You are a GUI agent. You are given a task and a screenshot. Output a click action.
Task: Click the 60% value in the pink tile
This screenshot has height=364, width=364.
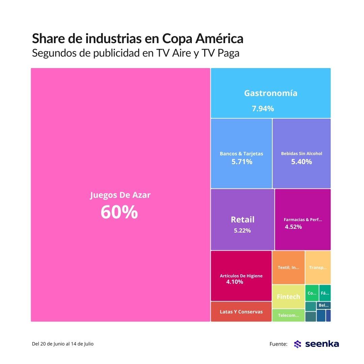(119, 212)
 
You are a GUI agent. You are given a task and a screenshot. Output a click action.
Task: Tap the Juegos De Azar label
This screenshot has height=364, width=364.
(120, 195)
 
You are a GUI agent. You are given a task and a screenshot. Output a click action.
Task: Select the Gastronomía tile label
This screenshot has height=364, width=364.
(271, 93)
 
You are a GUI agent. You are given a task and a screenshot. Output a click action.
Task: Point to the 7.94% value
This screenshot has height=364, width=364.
(263, 109)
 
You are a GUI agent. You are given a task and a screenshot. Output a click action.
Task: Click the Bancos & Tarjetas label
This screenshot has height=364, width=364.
(241, 153)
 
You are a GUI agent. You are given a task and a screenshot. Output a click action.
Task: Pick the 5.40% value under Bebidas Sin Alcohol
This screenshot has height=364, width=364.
(302, 162)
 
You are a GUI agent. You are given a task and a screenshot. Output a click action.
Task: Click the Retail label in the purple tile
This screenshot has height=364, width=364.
(243, 219)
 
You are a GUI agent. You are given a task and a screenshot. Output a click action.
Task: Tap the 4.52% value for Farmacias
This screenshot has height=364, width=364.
(293, 227)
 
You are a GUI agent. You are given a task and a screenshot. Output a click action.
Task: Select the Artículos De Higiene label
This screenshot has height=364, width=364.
(241, 276)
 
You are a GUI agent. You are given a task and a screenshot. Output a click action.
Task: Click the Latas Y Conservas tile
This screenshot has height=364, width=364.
(241, 312)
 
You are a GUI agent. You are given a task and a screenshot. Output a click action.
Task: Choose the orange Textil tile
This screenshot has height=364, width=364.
(289, 267)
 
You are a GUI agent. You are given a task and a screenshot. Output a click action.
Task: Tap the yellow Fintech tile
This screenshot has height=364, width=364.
(288, 297)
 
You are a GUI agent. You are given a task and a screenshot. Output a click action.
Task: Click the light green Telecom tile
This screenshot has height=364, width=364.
(288, 315)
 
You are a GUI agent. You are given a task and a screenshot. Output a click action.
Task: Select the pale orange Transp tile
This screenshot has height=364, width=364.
(318, 267)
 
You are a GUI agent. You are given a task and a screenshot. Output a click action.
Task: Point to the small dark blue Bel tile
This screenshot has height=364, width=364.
(324, 305)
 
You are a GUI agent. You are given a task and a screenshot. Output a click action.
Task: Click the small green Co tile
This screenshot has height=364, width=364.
(312, 293)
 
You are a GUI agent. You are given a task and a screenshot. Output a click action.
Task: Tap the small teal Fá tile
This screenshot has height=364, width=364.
(325, 293)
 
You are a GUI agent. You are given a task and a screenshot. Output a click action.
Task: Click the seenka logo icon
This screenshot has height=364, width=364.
(297, 344)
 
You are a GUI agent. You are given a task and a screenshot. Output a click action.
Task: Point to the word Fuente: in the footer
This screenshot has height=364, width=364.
(278, 344)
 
